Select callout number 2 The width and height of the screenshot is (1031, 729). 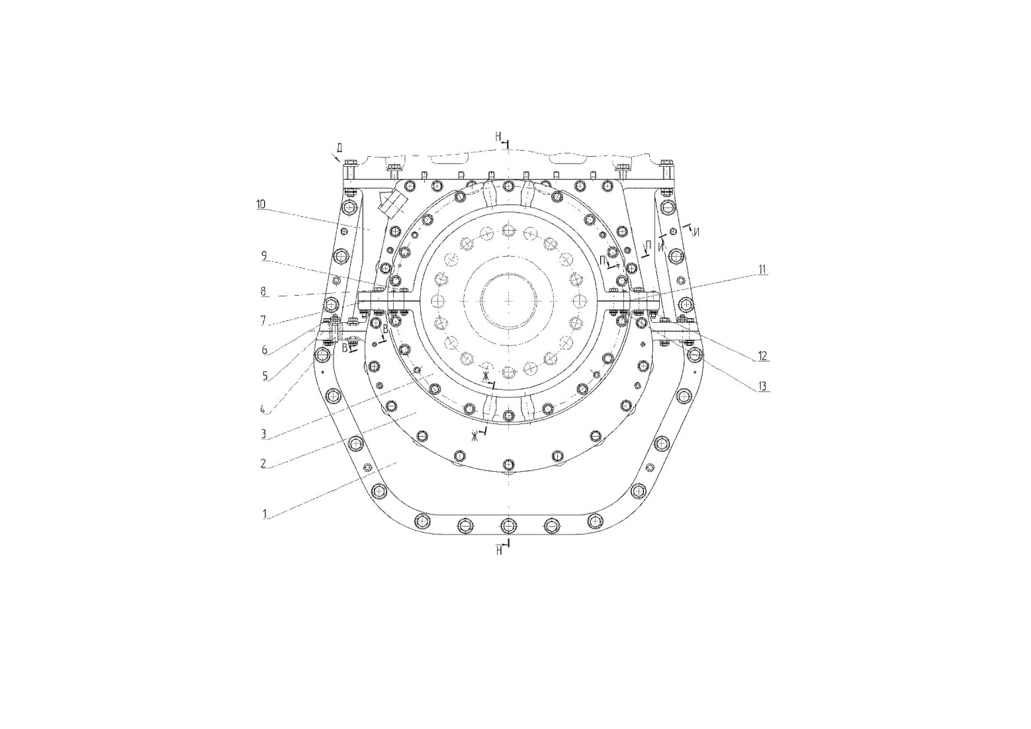(263, 464)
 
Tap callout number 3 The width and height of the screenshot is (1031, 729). (263, 433)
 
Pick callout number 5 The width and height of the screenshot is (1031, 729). (265, 376)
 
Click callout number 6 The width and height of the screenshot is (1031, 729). (265, 350)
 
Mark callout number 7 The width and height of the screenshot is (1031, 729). (263, 320)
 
